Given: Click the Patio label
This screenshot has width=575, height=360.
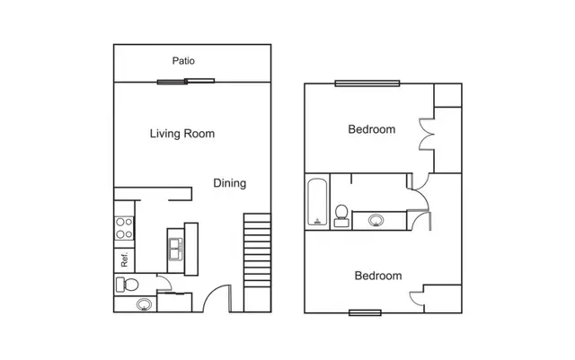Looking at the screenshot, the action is click(183, 61).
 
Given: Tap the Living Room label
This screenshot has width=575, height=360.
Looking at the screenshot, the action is click(182, 134).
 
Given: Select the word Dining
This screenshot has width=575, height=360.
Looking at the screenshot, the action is click(230, 183).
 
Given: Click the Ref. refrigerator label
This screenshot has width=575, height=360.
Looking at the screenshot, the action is click(124, 259).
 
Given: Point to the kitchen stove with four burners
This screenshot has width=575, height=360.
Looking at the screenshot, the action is click(124, 228).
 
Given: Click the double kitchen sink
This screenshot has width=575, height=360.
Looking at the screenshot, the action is click(176, 249).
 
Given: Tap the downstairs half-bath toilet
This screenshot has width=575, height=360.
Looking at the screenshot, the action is click(128, 285).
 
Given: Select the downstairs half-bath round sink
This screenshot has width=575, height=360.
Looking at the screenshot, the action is click(144, 304).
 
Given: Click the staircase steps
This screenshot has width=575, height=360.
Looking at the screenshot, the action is click(258, 250).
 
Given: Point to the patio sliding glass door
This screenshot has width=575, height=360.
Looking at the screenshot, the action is click(186, 81).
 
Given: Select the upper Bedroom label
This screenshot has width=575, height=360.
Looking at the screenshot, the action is click(371, 129).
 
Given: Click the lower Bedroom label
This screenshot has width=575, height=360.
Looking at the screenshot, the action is click(378, 276).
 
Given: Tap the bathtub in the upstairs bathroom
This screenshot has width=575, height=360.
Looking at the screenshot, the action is click(317, 202).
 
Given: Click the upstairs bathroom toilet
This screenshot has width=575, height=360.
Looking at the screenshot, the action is click(341, 215).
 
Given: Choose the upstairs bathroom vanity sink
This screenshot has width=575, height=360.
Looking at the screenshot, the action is click(376, 221).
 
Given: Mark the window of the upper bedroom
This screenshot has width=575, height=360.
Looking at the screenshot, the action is click(367, 83).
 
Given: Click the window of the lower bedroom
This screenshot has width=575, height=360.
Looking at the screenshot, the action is click(365, 312).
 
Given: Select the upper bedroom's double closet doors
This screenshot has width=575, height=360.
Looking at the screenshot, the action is click(427, 134).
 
